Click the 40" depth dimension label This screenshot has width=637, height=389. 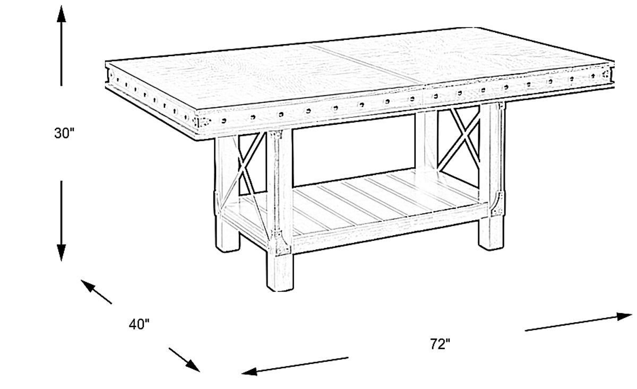click(x=139, y=324)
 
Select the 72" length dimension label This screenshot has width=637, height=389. click(x=440, y=344)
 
